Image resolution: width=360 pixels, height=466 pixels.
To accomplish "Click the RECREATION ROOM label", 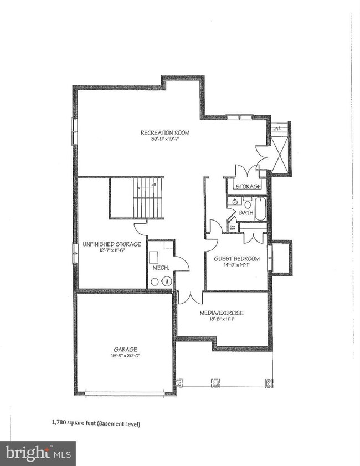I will point(165,132).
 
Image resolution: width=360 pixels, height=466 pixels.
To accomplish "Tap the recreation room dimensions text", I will point(165,139).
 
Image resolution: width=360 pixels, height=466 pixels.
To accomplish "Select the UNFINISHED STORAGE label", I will point(111,244).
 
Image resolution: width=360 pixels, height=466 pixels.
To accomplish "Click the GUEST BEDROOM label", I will point(237,258).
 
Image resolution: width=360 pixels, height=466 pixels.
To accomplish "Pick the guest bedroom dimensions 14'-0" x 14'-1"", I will point(237,265).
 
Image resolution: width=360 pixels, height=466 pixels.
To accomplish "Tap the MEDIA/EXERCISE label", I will point(222,313).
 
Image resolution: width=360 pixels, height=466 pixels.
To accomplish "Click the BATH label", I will point(245,212).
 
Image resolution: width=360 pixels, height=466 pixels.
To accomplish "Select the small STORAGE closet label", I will point(248,187).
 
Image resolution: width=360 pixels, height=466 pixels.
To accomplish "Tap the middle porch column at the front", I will point(215,382).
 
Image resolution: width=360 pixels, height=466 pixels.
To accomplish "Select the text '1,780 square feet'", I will point(74,424).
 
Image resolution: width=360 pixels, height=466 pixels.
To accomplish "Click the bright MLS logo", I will point(38,453).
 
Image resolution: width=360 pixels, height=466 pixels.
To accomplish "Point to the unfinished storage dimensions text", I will point(111,250).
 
